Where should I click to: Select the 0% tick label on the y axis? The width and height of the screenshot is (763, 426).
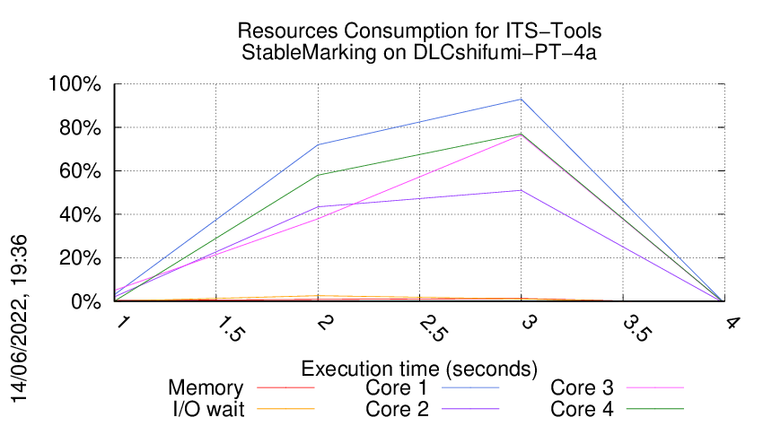87,301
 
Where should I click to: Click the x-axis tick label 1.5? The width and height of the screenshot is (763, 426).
232,330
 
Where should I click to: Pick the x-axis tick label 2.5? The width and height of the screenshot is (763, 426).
434,330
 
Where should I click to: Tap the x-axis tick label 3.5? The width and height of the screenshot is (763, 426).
637,330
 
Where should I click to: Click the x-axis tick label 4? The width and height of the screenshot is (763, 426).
732,323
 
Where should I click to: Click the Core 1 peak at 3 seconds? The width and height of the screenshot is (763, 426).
522,100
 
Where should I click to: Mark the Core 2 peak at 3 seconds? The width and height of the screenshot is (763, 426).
522,190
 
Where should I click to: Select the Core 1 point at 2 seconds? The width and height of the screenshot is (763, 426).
319,145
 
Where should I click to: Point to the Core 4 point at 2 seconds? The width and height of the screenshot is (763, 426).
319,175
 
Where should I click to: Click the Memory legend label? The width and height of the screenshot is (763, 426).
206,388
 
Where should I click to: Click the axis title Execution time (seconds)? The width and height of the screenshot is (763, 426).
419,368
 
